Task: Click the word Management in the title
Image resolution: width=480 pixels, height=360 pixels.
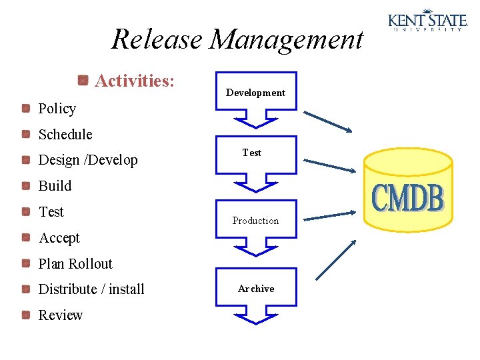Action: [x=287, y=39]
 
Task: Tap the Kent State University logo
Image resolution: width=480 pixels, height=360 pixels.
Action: [x=427, y=19]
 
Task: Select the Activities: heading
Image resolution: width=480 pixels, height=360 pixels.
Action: [x=135, y=81]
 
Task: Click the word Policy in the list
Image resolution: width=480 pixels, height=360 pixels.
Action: [x=57, y=109]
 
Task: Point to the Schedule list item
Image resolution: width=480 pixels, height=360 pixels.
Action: [x=65, y=135]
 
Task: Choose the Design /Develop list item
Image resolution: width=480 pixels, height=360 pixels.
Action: [x=88, y=161]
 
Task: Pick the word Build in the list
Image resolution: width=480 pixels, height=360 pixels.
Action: [x=55, y=186]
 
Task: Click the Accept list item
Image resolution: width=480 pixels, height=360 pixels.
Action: [x=59, y=238]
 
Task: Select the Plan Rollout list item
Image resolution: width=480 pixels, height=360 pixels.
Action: [x=75, y=264]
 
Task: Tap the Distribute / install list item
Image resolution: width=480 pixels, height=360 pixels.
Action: [x=91, y=289]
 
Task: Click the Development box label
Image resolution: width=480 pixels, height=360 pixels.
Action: [x=255, y=93]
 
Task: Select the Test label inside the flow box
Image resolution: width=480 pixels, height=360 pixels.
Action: [x=252, y=153]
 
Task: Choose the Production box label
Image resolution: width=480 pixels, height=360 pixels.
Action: [x=255, y=221]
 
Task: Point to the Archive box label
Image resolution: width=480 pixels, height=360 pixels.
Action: [x=256, y=289]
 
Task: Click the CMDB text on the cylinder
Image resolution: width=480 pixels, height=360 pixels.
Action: [x=407, y=198]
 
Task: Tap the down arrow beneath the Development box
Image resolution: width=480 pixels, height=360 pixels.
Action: [x=255, y=119]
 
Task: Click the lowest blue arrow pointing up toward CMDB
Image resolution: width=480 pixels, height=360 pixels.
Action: [x=335, y=259]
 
